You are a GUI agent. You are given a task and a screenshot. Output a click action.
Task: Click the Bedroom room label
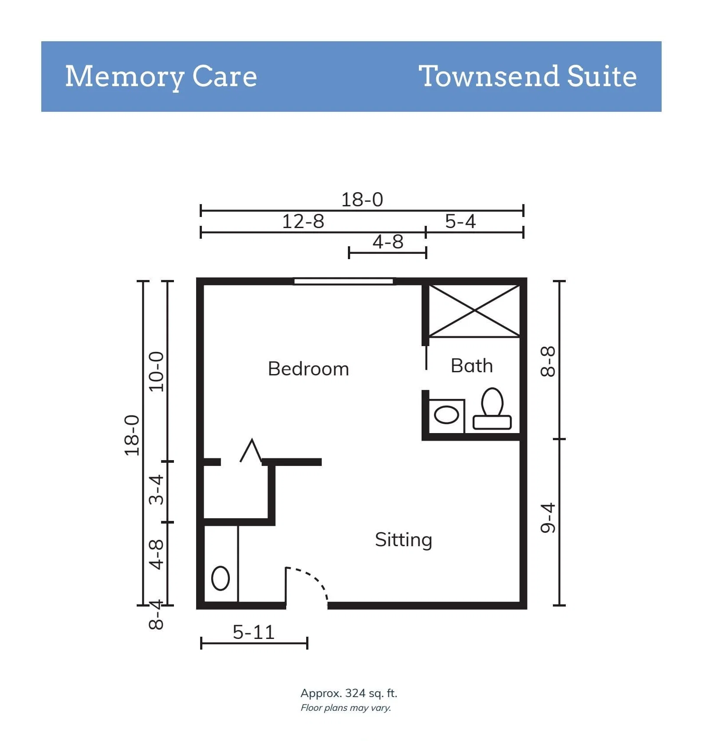click(308, 369)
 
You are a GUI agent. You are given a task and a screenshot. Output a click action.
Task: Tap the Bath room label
click(472, 366)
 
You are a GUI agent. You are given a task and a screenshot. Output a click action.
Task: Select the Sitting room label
click(403, 540)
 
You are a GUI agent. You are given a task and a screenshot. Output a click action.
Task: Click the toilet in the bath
click(492, 409)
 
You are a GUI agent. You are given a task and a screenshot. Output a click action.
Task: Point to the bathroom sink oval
click(446, 415)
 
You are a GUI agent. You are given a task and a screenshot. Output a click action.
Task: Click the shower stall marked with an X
click(474, 311)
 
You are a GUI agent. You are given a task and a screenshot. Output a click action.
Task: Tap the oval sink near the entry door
click(221, 578)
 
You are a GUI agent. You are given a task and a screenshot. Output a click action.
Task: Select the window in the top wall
click(343, 281)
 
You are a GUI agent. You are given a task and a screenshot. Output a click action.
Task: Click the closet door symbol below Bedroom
click(251, 451)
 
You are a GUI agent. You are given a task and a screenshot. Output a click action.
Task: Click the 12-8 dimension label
click(303, 221)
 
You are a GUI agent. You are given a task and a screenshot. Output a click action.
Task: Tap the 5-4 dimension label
click(460, 221)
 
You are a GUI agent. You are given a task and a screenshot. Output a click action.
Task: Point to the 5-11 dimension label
click(254, 632)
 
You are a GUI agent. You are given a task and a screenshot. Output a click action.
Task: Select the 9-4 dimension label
click(548, 518)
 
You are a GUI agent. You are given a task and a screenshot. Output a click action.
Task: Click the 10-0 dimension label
click(156, 371)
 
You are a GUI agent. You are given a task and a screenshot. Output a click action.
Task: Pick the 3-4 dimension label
click(156, 489)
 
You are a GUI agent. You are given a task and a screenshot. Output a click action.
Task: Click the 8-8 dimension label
click(548, 362)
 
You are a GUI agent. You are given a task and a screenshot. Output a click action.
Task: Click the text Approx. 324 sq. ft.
click(349, 693)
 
